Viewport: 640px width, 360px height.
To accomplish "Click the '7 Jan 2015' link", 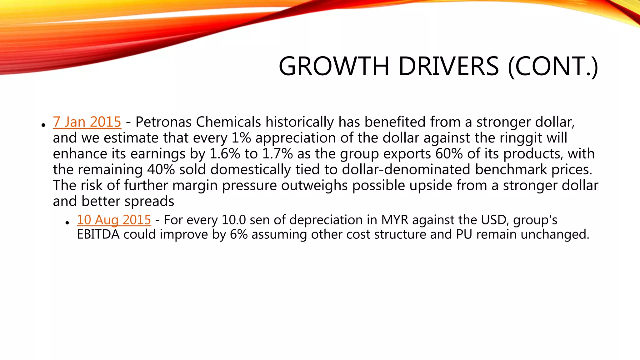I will point(87,122).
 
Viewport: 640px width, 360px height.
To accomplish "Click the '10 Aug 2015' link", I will point(114,220).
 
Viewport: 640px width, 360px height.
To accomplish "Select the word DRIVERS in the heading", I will point(448,66).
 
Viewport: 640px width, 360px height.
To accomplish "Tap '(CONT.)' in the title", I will point(553,66).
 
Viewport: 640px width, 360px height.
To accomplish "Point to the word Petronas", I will point(163,122).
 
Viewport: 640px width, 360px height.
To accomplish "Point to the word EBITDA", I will point(98,234).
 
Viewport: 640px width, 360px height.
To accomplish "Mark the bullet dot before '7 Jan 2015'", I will point(43,125).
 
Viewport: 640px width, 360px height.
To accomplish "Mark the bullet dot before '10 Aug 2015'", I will point(67,223).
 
